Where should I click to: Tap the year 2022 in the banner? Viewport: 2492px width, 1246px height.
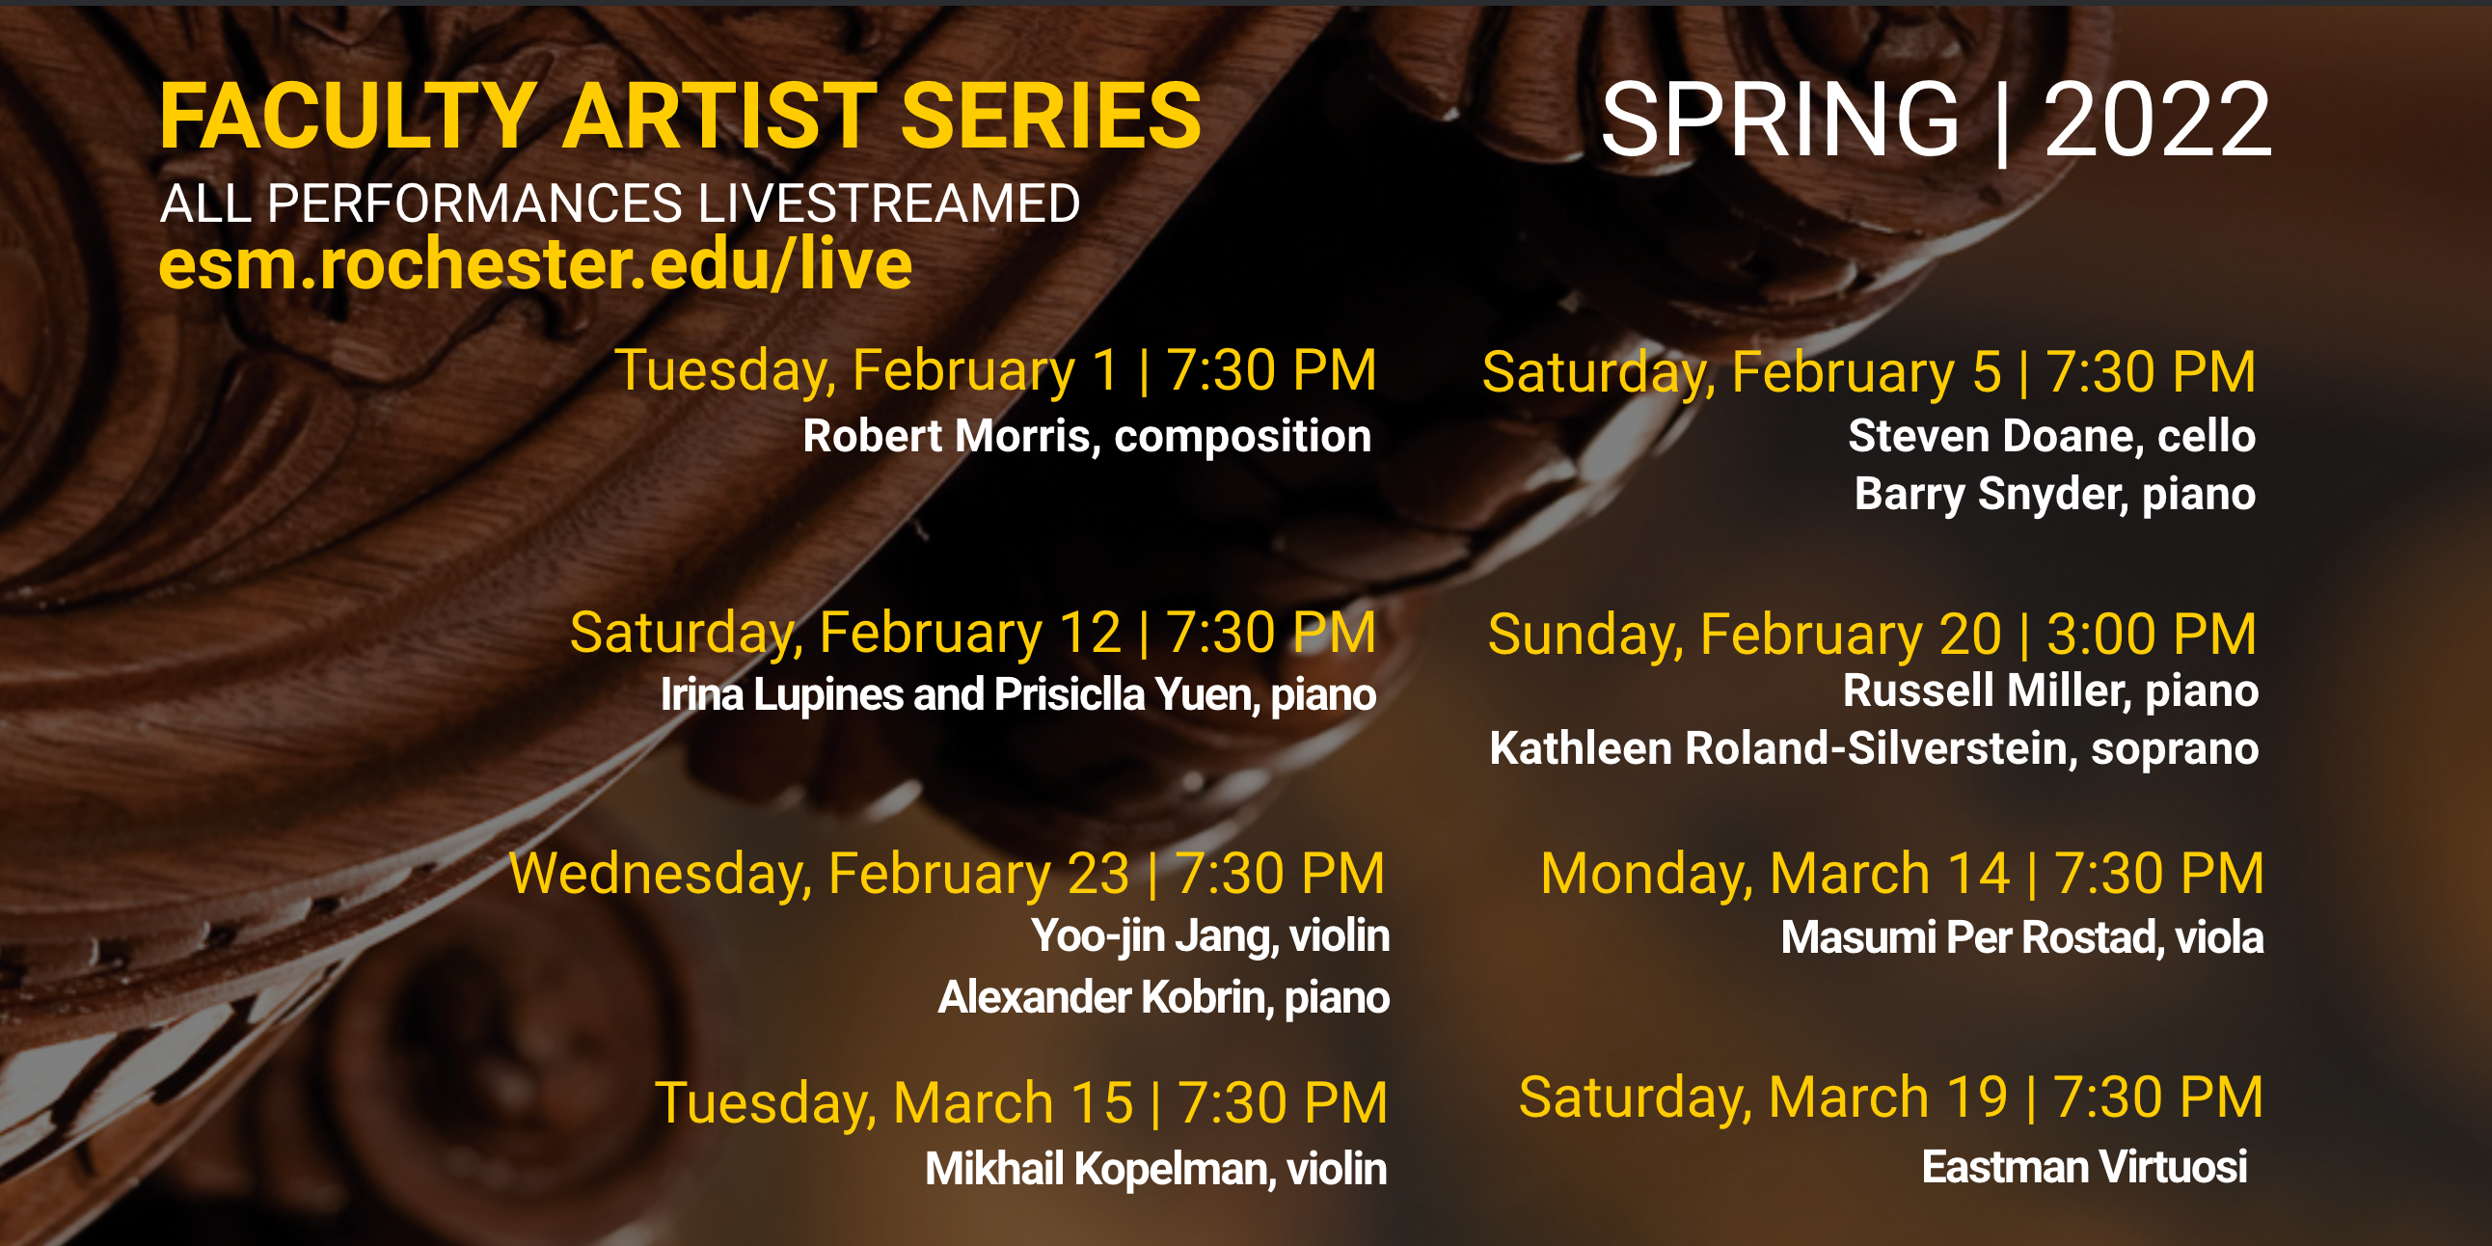click(x=2156, y=119)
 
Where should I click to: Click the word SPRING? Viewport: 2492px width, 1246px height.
click(x=1780, y=119)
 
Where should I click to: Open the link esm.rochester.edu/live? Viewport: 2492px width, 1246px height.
click(x=535, y=264)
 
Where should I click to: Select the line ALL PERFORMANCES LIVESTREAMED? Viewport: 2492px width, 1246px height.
click(x=620, y=203)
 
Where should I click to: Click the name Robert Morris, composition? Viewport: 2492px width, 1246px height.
click(x=1087, y=436)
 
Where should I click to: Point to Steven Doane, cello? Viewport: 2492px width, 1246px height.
click(x=2052, y=435)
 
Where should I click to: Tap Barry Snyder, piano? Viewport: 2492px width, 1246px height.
click(x=2055, y=495)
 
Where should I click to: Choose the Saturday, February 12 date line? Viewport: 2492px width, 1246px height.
click(x=973, y=633)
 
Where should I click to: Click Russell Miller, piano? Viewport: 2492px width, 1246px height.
click(x=2051, y=691)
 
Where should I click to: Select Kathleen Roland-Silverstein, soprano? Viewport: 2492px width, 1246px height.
click(x=1874, y=748)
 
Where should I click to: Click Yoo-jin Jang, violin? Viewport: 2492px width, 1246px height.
click(x=1210, y=935)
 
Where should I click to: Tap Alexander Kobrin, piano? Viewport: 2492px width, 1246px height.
click(x=1164, y=997)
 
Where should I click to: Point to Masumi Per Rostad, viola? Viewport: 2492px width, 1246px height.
click(x=2021, y=937)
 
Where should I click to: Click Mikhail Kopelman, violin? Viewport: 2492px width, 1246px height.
click(x=1156, y=1169)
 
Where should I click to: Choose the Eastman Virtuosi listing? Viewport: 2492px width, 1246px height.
click(x=2085, y=1167)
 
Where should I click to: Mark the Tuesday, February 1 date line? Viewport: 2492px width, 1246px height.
click(x=995, y=370)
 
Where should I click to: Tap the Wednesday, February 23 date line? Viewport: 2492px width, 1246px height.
click(x=947, y=874)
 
